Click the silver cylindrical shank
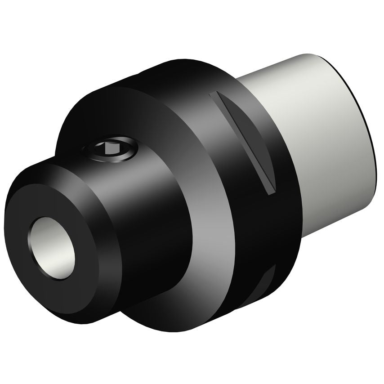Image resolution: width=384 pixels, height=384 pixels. tap(315, 135)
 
